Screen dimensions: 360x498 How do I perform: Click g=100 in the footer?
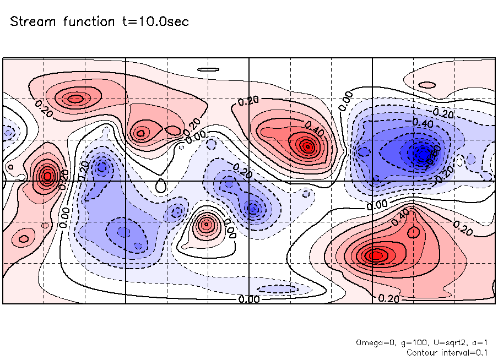[407, 342]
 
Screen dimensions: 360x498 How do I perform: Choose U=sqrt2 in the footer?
[443, 342]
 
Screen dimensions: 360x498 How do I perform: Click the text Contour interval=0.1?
[447, 352]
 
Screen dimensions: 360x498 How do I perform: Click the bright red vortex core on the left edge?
[47, 176]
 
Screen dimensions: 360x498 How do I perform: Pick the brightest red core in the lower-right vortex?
[376, 255]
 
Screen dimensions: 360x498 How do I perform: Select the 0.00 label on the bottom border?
[249, 299]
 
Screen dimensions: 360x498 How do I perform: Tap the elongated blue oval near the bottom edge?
[278, 289]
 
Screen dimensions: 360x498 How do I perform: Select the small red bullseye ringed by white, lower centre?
[207, 224]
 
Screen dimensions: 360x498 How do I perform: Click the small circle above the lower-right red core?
[413, 232]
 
